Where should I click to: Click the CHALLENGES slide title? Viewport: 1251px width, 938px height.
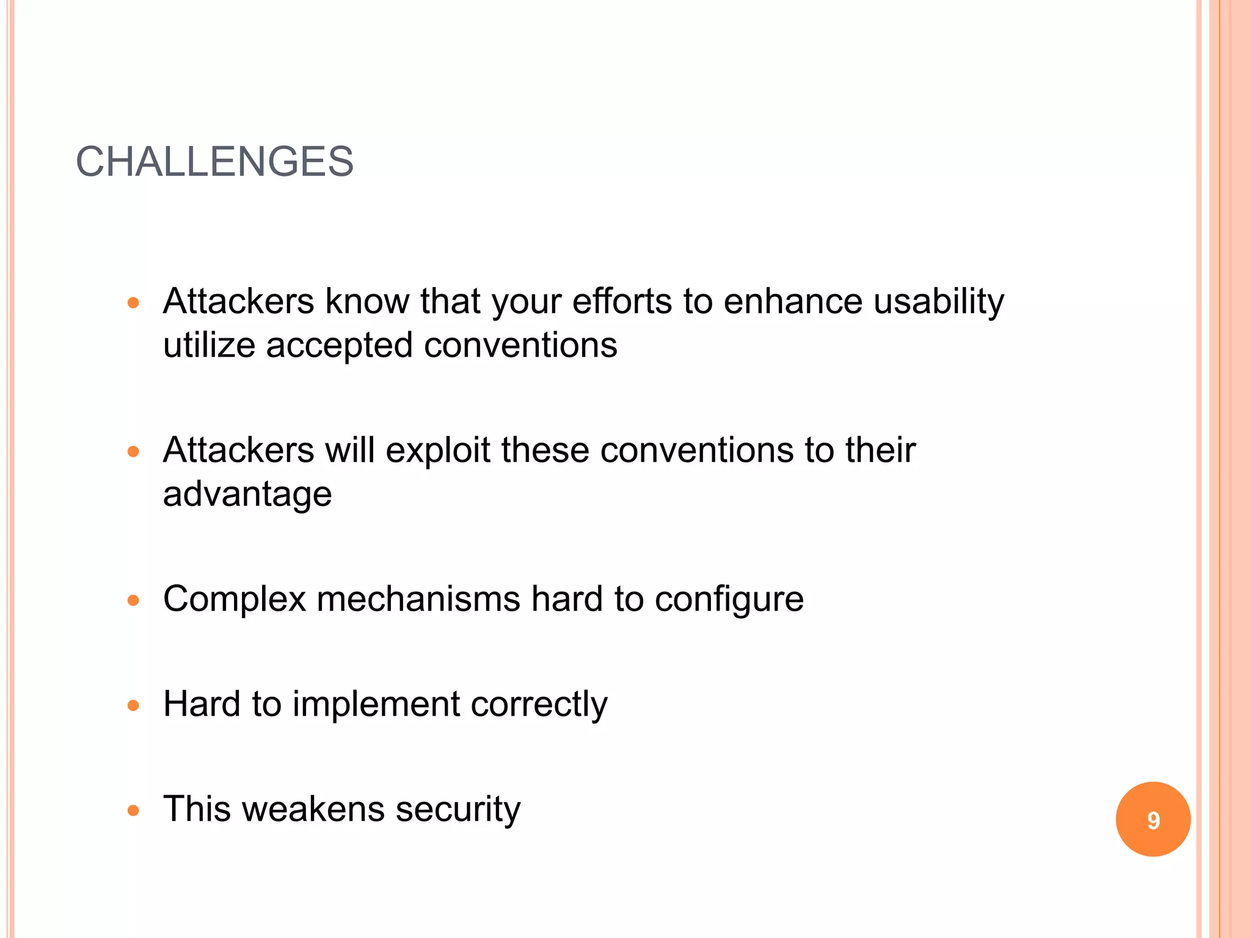(214, 162)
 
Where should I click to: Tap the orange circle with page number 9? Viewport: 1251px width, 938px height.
(1153, 819)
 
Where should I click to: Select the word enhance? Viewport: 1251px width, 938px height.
(793, 302)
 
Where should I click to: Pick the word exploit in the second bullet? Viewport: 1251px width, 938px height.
(438, 451)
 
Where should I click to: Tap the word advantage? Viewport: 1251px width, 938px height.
(247, 495)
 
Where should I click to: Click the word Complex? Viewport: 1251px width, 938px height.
(234, 600)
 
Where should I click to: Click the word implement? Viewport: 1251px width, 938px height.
(376, 705)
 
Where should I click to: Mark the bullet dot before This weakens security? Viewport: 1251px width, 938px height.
(134, 810)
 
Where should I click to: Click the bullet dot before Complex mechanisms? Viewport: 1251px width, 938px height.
(134, 600)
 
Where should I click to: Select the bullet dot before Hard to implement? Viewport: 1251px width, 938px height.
(134, 705)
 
